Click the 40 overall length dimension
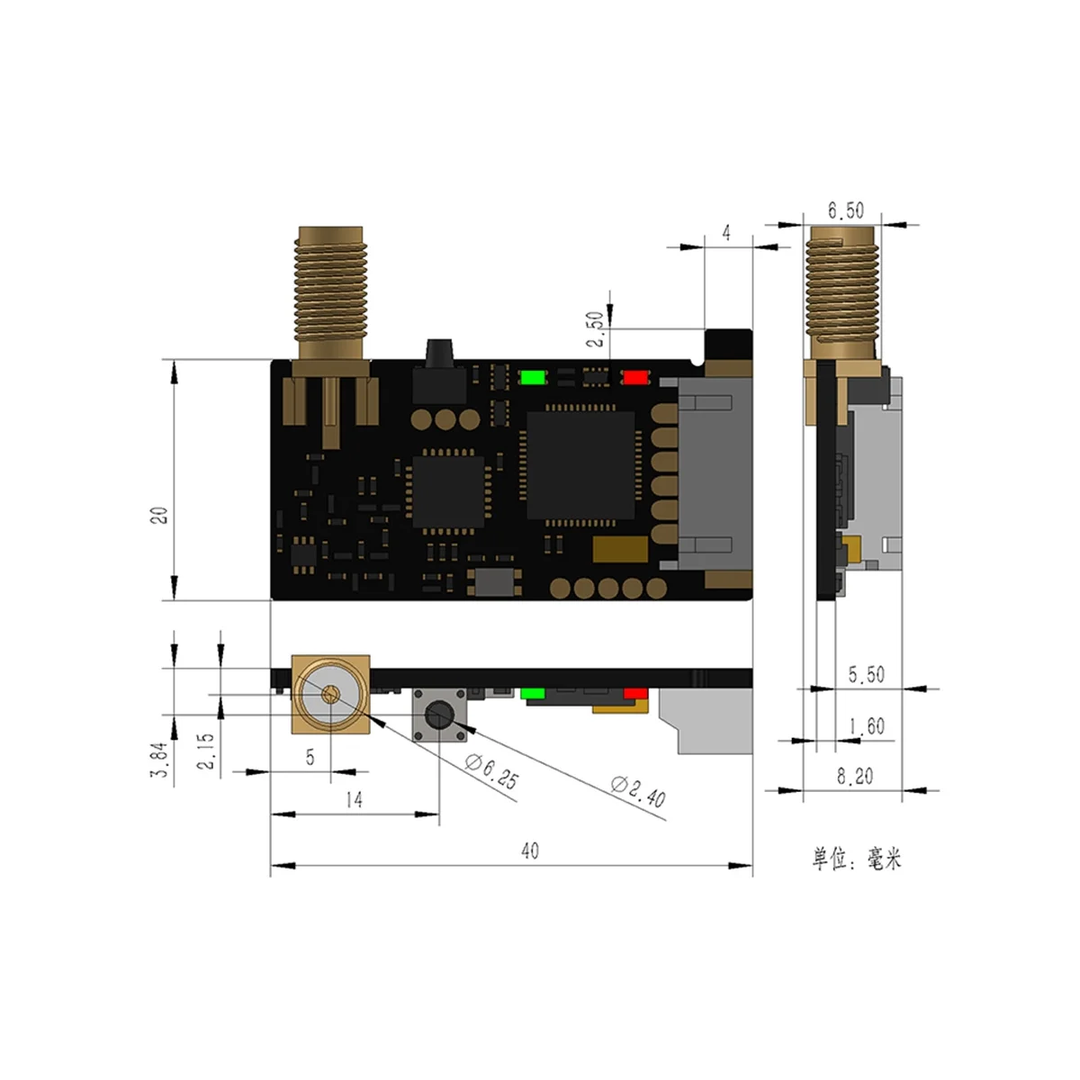tap(530, 850)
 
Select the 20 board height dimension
tap(160, 516)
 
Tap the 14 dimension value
tap(355, 799)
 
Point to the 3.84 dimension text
tap(161, 760)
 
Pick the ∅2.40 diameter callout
tap(638, 791)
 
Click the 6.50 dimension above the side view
tap(845, 211)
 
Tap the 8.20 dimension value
tap(854, 776)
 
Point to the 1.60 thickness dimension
tap(866, 725)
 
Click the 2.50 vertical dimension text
tap(595, 331)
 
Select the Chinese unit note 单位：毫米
tap(856, 859)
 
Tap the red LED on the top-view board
tap(635, 377)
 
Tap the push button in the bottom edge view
tap(439, 716)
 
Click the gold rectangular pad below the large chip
tap(620, 549)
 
